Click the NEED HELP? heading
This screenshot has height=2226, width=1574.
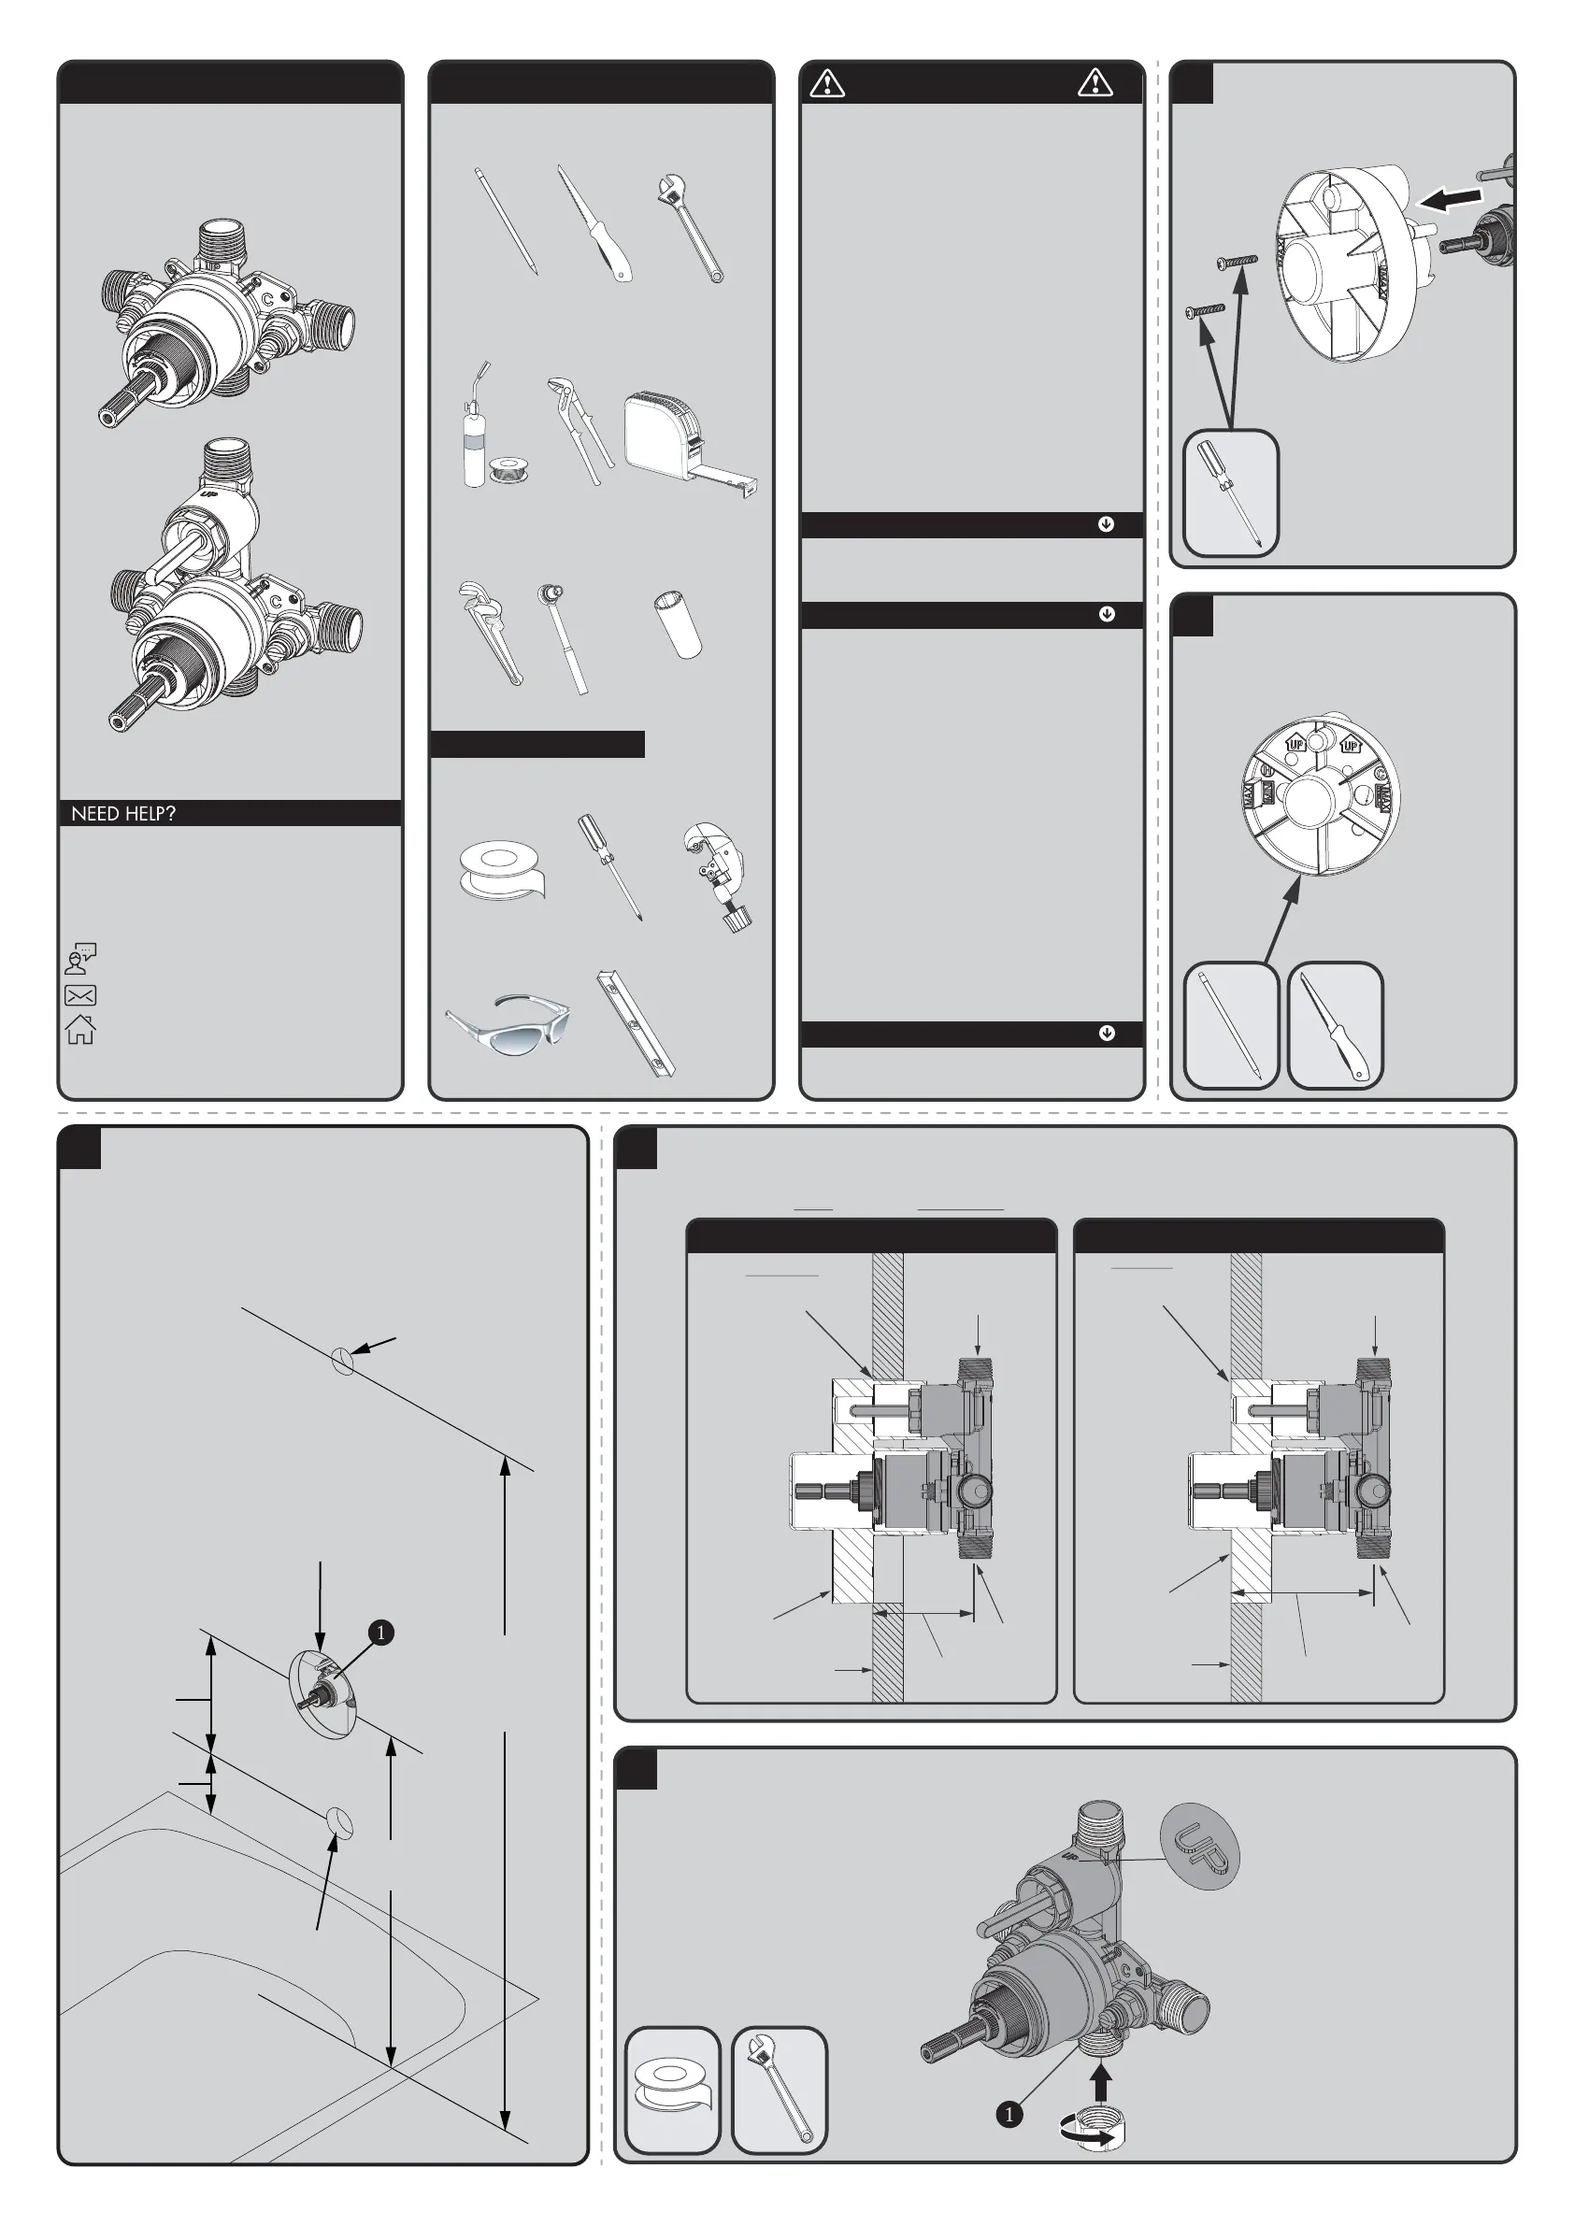123,813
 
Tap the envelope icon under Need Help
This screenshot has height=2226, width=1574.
80,994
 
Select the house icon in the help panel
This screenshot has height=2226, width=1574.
80,1029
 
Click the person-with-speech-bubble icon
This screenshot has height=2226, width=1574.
80,958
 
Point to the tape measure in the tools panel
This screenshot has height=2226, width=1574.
690,444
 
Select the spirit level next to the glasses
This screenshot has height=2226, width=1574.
636,1024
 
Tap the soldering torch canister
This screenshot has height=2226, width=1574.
474,426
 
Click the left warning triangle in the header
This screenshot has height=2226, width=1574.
827,83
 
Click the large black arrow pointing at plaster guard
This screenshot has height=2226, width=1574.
1450,199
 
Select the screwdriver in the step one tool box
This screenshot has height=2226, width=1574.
1231,493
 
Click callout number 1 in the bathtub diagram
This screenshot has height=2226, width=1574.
381,1633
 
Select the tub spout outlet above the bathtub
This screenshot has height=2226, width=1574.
340,1821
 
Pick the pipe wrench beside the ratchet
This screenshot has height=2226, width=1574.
490,632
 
